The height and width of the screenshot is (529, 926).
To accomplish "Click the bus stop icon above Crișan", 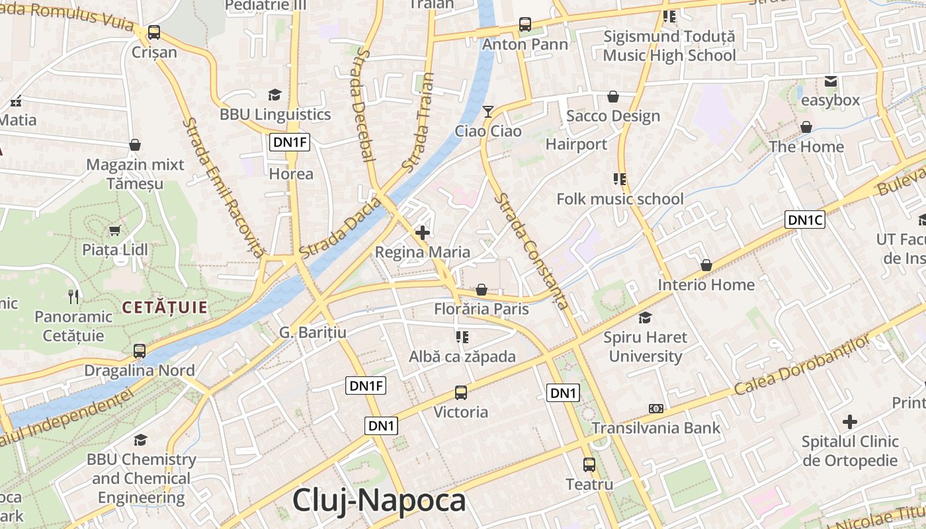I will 154,32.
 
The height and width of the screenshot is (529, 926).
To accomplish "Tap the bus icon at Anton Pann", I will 525,24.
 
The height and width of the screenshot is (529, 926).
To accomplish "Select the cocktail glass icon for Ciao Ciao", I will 488,112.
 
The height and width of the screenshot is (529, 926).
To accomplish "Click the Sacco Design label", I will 613,116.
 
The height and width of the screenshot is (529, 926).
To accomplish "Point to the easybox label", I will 830,101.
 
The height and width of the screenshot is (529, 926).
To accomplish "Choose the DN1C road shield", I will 805,220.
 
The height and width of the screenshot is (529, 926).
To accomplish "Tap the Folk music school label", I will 620,199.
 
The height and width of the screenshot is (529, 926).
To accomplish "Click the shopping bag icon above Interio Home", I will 706,265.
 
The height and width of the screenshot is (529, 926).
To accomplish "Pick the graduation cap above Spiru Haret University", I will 645,317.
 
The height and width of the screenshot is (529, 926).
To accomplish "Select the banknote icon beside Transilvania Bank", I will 655,409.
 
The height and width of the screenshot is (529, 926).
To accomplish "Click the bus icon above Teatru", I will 589,465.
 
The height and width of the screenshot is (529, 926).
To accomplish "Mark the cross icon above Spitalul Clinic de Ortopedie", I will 850,421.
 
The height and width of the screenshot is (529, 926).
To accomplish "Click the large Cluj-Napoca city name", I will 379,501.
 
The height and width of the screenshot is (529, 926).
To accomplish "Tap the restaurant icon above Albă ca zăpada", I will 462,337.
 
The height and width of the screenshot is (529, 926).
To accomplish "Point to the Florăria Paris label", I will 482,309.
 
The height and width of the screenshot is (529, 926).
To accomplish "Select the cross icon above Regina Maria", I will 423,233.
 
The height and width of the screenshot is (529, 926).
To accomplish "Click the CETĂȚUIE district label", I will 165,307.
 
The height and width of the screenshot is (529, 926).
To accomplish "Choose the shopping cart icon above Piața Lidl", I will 115,230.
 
